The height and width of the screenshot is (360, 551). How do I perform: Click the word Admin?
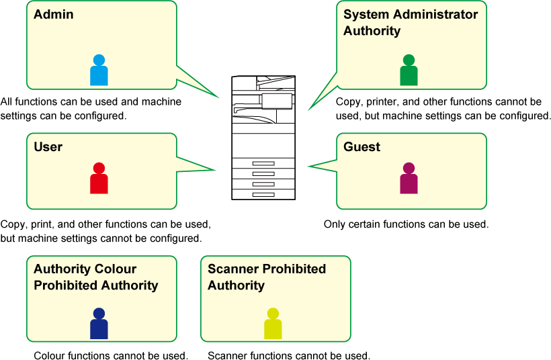54,14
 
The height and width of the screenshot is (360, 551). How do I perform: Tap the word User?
48,146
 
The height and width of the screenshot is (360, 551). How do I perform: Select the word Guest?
362,146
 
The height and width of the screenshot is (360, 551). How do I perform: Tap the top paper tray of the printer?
263,163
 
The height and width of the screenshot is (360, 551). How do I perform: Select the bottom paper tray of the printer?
263,194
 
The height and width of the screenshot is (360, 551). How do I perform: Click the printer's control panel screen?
277,101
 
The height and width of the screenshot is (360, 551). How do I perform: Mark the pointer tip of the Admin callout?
219,98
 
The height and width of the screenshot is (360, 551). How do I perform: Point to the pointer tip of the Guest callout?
308,166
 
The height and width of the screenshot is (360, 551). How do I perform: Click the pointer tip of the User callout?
214,170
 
